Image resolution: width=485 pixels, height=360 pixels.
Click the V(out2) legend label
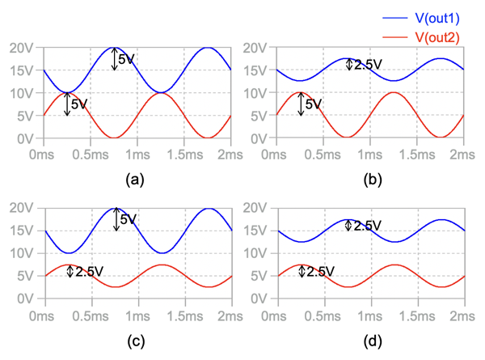(x=439, y=37)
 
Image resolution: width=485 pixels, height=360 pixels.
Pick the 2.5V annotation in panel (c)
(x=90, y=272)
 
